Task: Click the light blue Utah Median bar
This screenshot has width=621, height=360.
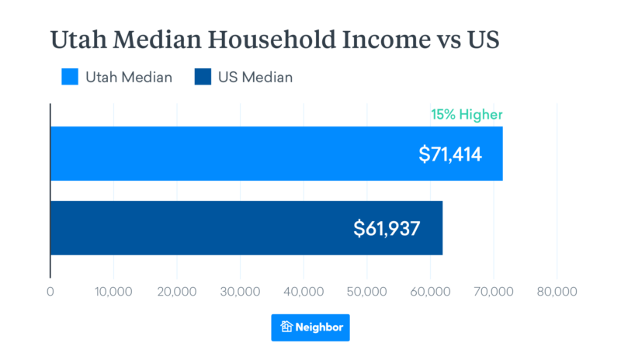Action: point(233,154)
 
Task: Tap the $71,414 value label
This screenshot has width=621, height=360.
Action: point(450,154)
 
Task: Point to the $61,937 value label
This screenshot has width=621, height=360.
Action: point(387,228)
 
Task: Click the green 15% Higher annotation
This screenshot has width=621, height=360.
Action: point(467,116)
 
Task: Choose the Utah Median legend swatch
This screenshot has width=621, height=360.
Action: point(71,77)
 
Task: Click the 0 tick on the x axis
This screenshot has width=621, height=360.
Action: point(50,292)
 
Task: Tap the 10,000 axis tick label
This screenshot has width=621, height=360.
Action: point(113,292)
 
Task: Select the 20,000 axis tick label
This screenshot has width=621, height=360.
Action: point(177,292)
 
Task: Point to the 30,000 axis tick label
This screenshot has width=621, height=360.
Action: point(240,292)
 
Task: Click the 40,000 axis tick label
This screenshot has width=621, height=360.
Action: point(304,292)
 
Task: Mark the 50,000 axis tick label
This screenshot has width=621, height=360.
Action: point(366,292)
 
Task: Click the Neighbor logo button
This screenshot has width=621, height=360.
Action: point(310,327)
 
